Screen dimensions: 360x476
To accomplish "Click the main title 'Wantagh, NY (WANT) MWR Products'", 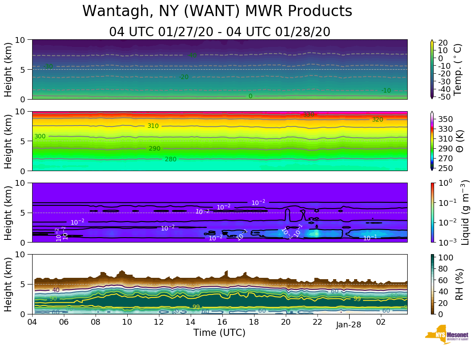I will (x=217, y=12).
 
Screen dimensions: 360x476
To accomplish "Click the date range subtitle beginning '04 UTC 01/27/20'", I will (x=219, y=32).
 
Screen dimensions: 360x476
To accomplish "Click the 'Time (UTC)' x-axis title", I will (x=219, y=333).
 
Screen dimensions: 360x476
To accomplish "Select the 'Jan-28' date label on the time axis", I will (x=349, y=325).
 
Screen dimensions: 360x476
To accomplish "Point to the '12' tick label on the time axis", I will (x=159, y=322).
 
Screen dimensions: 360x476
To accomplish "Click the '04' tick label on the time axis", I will (x=32, y=322).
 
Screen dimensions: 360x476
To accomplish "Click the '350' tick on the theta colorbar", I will (x=447, y=119).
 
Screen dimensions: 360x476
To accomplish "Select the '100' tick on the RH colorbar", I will (x=447, y=258).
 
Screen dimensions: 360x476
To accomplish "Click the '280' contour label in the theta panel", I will (x=171, y=159).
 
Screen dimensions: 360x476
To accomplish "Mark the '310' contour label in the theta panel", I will (x=153, y=126).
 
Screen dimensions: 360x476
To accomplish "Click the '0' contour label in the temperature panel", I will (x=250, y=96).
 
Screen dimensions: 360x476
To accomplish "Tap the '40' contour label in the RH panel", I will (x=55, y=290).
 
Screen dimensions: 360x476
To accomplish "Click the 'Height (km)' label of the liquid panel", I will (x=8, y=213).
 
